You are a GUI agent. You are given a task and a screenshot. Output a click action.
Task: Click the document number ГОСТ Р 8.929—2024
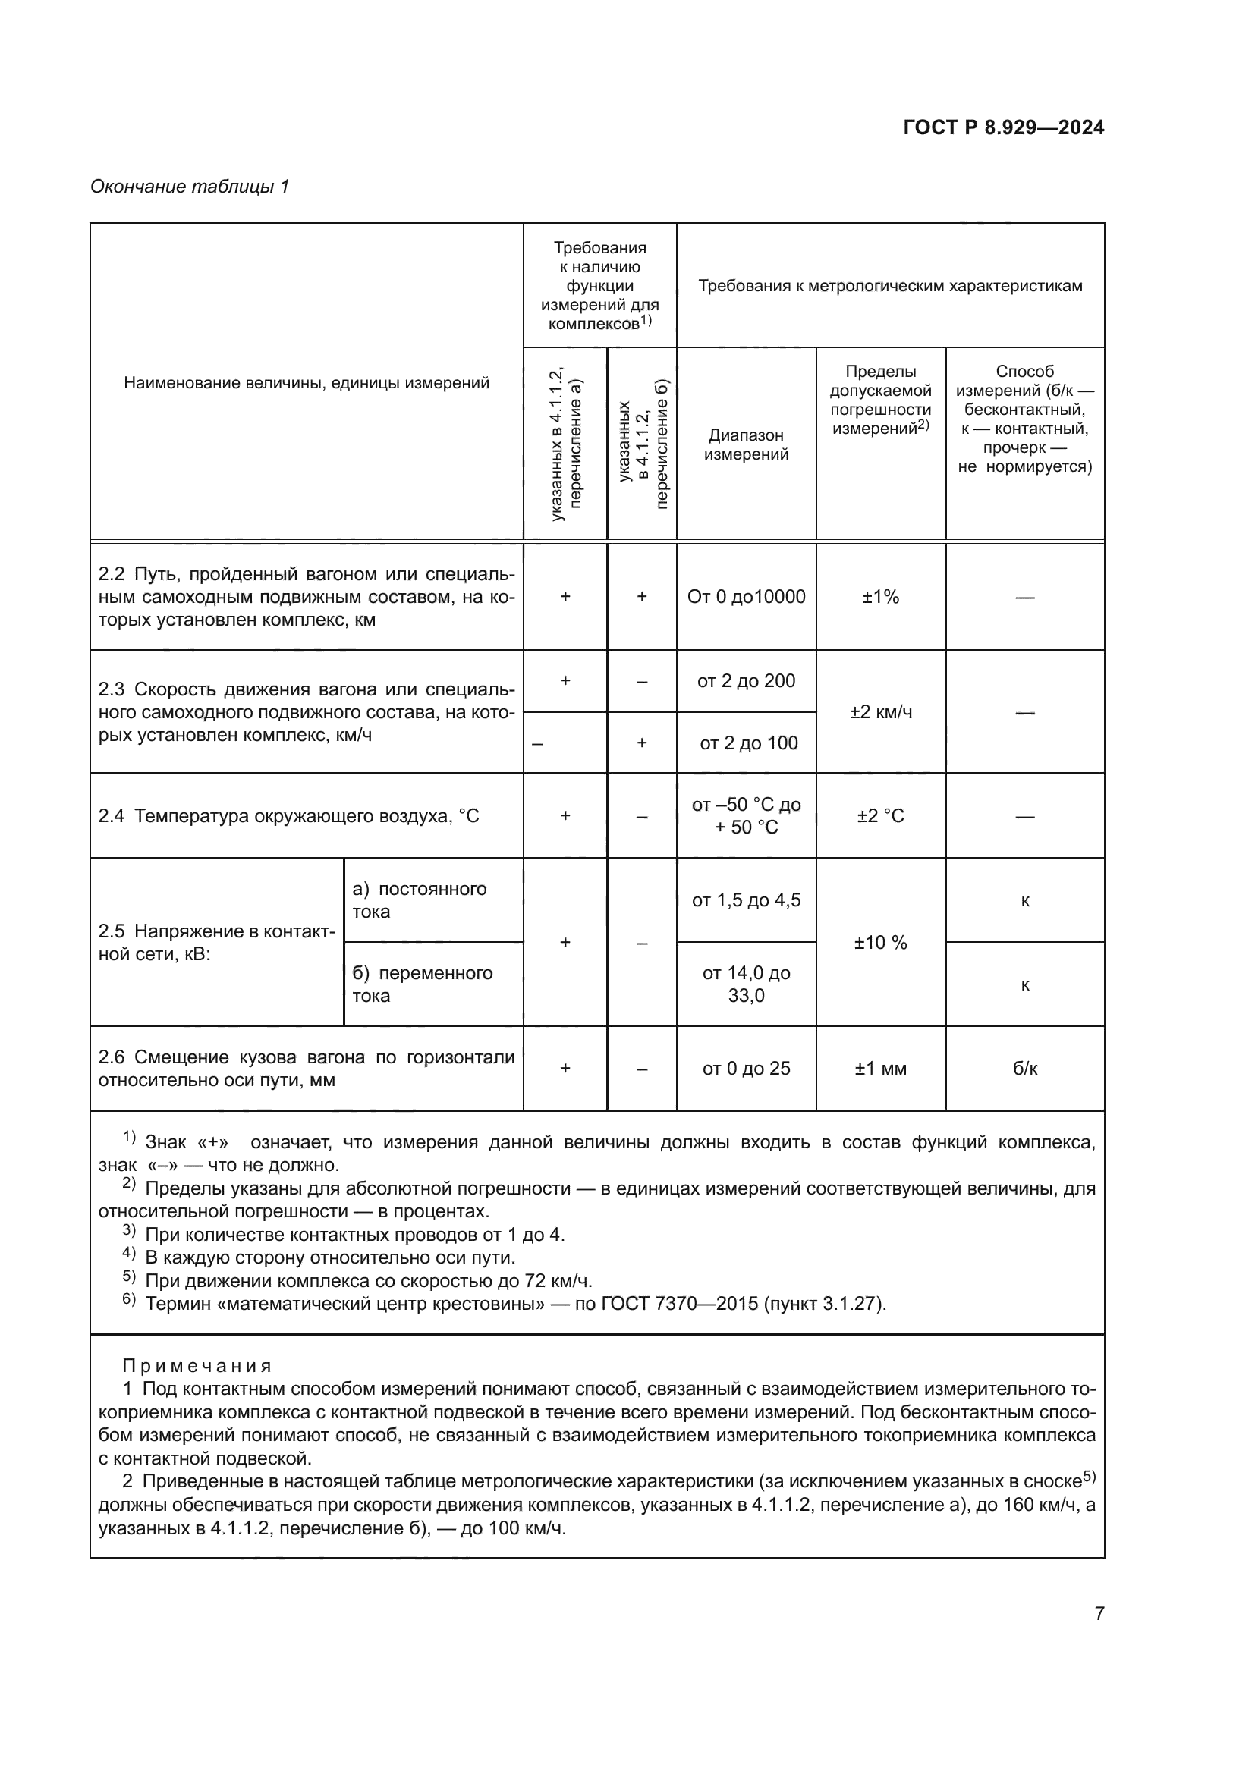1003,127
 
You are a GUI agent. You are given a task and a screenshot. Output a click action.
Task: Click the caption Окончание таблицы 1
190,187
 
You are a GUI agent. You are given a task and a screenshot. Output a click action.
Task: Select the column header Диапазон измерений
746,444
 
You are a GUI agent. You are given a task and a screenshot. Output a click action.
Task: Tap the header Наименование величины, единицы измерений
306,382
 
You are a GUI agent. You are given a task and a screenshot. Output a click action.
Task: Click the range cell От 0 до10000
746,596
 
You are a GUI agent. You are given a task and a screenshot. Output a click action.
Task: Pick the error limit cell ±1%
880,596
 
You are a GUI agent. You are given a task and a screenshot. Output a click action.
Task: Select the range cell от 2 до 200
746,680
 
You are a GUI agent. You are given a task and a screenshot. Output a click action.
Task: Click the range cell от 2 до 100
748,743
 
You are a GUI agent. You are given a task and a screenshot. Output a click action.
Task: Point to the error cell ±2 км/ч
880,711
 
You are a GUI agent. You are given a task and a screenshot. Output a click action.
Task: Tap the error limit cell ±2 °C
880,816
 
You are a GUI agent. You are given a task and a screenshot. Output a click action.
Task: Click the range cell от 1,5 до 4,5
746,900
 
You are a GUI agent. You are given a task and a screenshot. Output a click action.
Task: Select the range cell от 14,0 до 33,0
746,984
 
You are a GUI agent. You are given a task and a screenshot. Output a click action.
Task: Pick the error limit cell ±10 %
880,942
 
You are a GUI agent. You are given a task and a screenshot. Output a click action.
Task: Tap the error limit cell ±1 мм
880,1068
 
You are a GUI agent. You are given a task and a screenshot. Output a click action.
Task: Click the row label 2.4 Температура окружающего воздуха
288,816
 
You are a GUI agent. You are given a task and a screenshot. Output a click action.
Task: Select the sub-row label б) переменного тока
422,984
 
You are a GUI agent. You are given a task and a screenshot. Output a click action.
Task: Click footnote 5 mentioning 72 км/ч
368,1280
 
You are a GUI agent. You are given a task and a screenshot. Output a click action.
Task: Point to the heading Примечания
197,1365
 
